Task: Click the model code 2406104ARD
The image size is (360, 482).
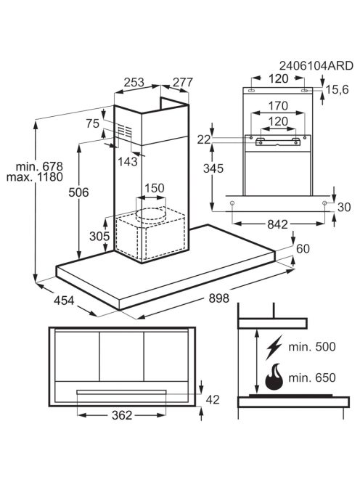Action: [316, 66]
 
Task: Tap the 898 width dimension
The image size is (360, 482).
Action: [219, 298]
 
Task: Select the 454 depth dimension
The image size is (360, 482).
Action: [64, 301]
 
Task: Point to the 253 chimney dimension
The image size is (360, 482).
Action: [134, 82]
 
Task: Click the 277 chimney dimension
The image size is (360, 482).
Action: [183, 82]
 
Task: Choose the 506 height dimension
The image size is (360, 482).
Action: [78, 192]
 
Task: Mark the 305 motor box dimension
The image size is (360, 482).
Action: [99, 236]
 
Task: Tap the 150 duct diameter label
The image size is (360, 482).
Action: [155, 188]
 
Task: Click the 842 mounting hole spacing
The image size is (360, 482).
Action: [277, 224]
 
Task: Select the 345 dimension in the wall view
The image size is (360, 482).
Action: [213, 168]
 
